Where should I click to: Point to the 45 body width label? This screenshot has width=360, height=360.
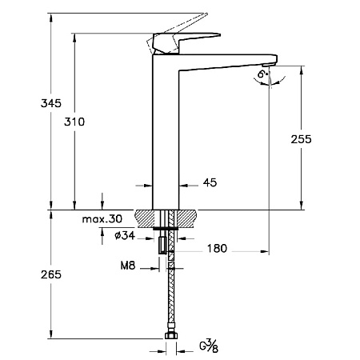pyautogui.click(x=210, y=183)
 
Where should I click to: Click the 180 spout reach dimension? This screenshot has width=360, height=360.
pyautogui.click(x=216, y=249)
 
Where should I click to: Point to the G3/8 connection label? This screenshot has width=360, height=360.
pyautogui.click(x=207, y=346)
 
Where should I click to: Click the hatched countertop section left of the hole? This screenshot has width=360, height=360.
pyautogui.click(x=148, y=217)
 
